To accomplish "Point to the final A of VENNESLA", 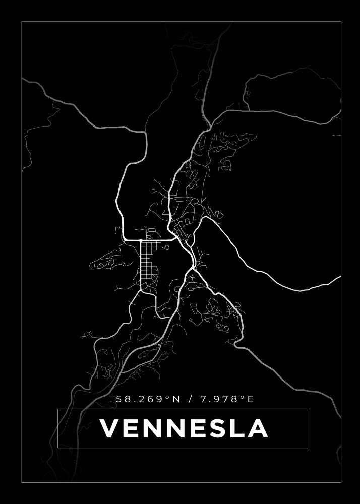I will coord(257,428).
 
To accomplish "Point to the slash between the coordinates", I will coord(190,399).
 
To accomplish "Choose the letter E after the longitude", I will coord(250,399).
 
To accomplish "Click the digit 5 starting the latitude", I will coord(119,399).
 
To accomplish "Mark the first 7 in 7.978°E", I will coord(203,399).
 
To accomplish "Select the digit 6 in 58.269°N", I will coord(152,399).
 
